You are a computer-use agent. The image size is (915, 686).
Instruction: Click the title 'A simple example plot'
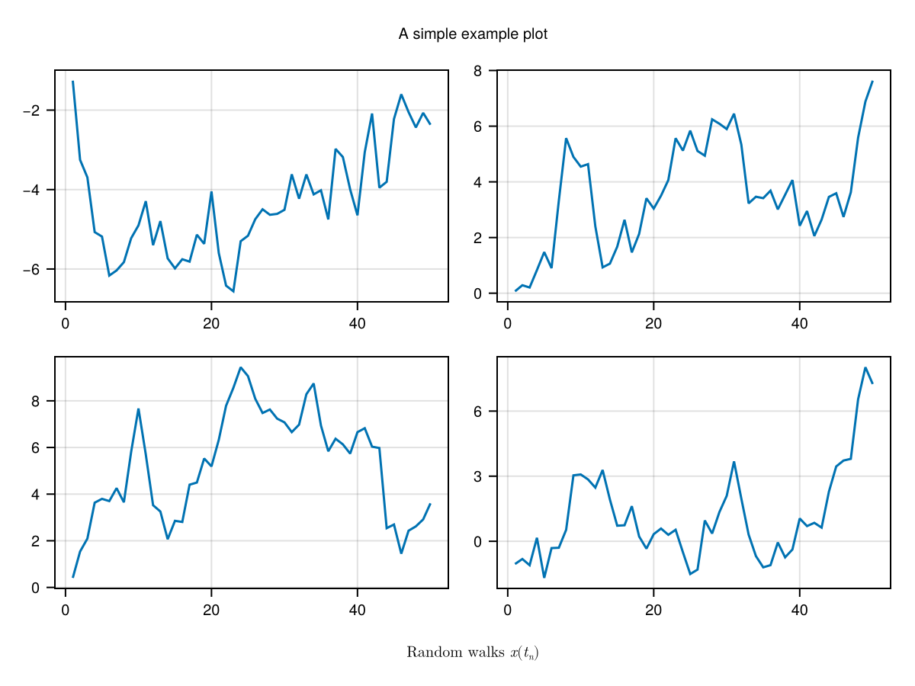click(x=473, y=34)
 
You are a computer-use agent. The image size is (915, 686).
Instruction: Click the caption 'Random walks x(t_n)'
click(x=473, y=652)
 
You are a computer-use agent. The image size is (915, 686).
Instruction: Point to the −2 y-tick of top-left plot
click(x=32, y=111)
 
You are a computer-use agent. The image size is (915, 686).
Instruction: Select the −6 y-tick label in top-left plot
click(x=32, y=270)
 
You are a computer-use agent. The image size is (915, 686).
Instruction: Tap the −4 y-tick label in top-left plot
click(x=32, y=190)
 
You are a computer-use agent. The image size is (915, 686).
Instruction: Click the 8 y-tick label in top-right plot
click(x=477, y=71)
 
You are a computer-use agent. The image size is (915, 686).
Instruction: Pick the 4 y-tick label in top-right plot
click(x=477, y=182)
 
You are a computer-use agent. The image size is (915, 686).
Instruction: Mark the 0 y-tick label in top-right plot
click(x=477, y=293)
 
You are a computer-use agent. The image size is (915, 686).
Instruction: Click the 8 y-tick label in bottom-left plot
click(x=35, y=402)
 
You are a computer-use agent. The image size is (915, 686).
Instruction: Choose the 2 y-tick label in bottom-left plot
click(x=35, y=541)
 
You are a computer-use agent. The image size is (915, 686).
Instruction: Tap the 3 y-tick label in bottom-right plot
click(x=477, y=476)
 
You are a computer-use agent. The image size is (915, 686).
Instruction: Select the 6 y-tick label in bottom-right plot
click(x=477, y=412)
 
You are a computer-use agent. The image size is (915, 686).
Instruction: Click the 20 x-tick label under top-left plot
click(x=211, y=324)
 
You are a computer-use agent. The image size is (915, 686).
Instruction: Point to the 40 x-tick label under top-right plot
click(x=799, y=324)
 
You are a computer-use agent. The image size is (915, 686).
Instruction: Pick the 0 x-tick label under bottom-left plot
click(x=66, y=611)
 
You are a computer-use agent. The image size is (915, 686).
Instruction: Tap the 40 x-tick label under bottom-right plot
click(x=799, y=611)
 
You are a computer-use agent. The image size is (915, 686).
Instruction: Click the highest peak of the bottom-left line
click(x=240, y=367)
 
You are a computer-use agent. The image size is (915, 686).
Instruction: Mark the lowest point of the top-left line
click(x=233, y=291)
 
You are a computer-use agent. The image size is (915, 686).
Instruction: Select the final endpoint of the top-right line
click(x=872, y=81)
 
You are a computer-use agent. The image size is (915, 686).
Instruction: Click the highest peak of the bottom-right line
click(x=865, y=367)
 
